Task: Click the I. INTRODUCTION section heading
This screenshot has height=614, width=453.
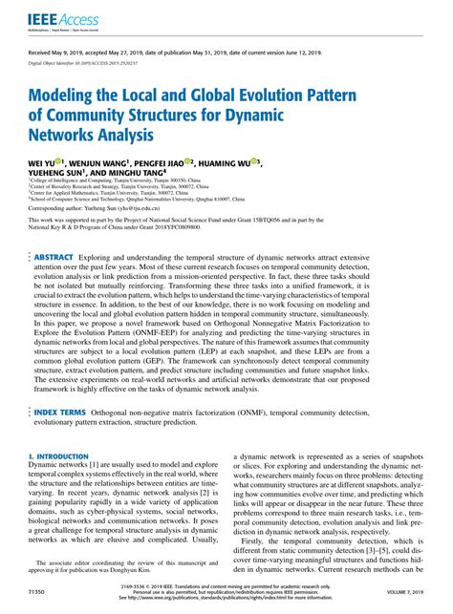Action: (62, 456)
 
